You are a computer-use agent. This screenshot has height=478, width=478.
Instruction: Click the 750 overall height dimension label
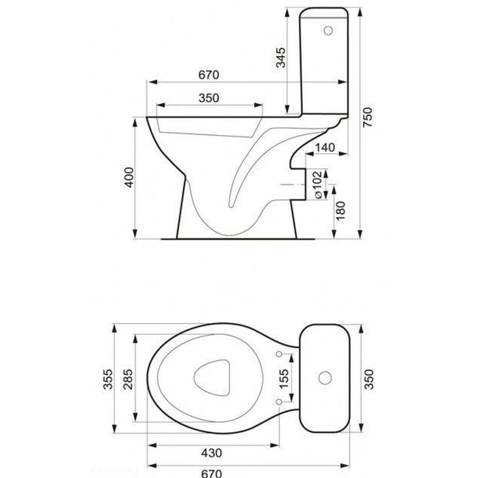(368, 117)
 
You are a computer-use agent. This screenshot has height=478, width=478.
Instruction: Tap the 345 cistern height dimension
(280, 58)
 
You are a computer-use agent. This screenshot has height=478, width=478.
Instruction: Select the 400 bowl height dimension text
(129, 177)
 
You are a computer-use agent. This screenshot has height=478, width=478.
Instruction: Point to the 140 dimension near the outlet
(326, 148)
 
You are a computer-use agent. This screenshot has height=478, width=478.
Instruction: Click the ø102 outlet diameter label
(318, 185)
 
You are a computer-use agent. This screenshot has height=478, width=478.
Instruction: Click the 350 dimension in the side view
(209, 98)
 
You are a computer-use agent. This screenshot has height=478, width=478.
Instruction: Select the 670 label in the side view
(209, 75)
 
